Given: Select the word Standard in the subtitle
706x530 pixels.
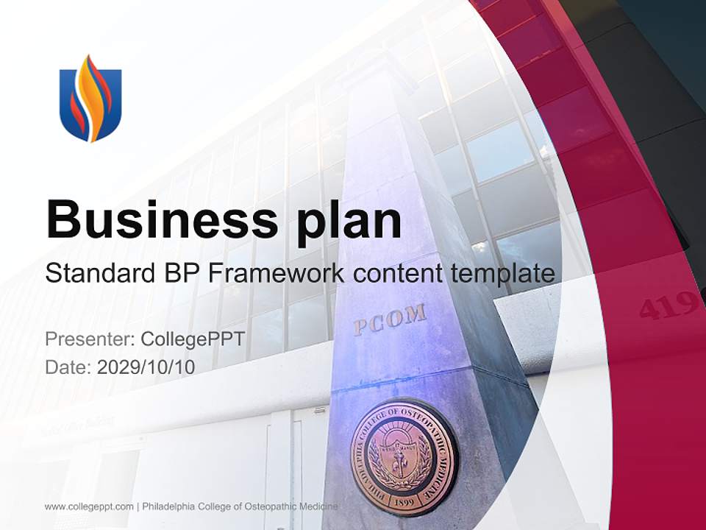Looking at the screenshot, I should [94, 274].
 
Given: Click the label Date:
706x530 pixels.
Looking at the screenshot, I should [68, 367].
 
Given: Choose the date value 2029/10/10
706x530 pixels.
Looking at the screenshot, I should [146, 367].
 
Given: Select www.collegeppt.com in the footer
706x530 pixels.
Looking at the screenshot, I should [89, 506].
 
